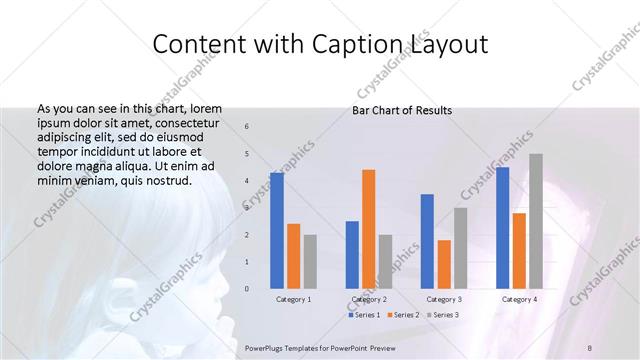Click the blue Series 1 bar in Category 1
pyautogui.click(x=277, y=231)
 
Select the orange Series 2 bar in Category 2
pyautogui.click(x=369, y=229)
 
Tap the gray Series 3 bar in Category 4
pyautogui.click(x=536, y=221)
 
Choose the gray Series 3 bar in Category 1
pyautogui.click(x=310, y=262)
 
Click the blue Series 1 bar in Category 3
pyautogui.click(x=427, y=241)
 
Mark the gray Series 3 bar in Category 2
pyautogui.click(x=386, y=262)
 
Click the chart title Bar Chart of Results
pyautogui.click(x=402, y=110)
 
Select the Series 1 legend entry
pyautogui.click(x=364, y=315)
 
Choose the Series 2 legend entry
pyautogui.click(x=403, y=315)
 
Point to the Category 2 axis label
pyautogui.click(x=369, y=299)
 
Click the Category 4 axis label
pyautogui.click(x=519, y=299)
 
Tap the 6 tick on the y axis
pyautogui.click(x=247, y=127)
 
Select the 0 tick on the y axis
pyautogui.click(x=247, y=289)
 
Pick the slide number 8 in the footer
pyautogui.click(x=590, y=347)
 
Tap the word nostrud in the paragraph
pyautogui.click(x=165, y=180)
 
